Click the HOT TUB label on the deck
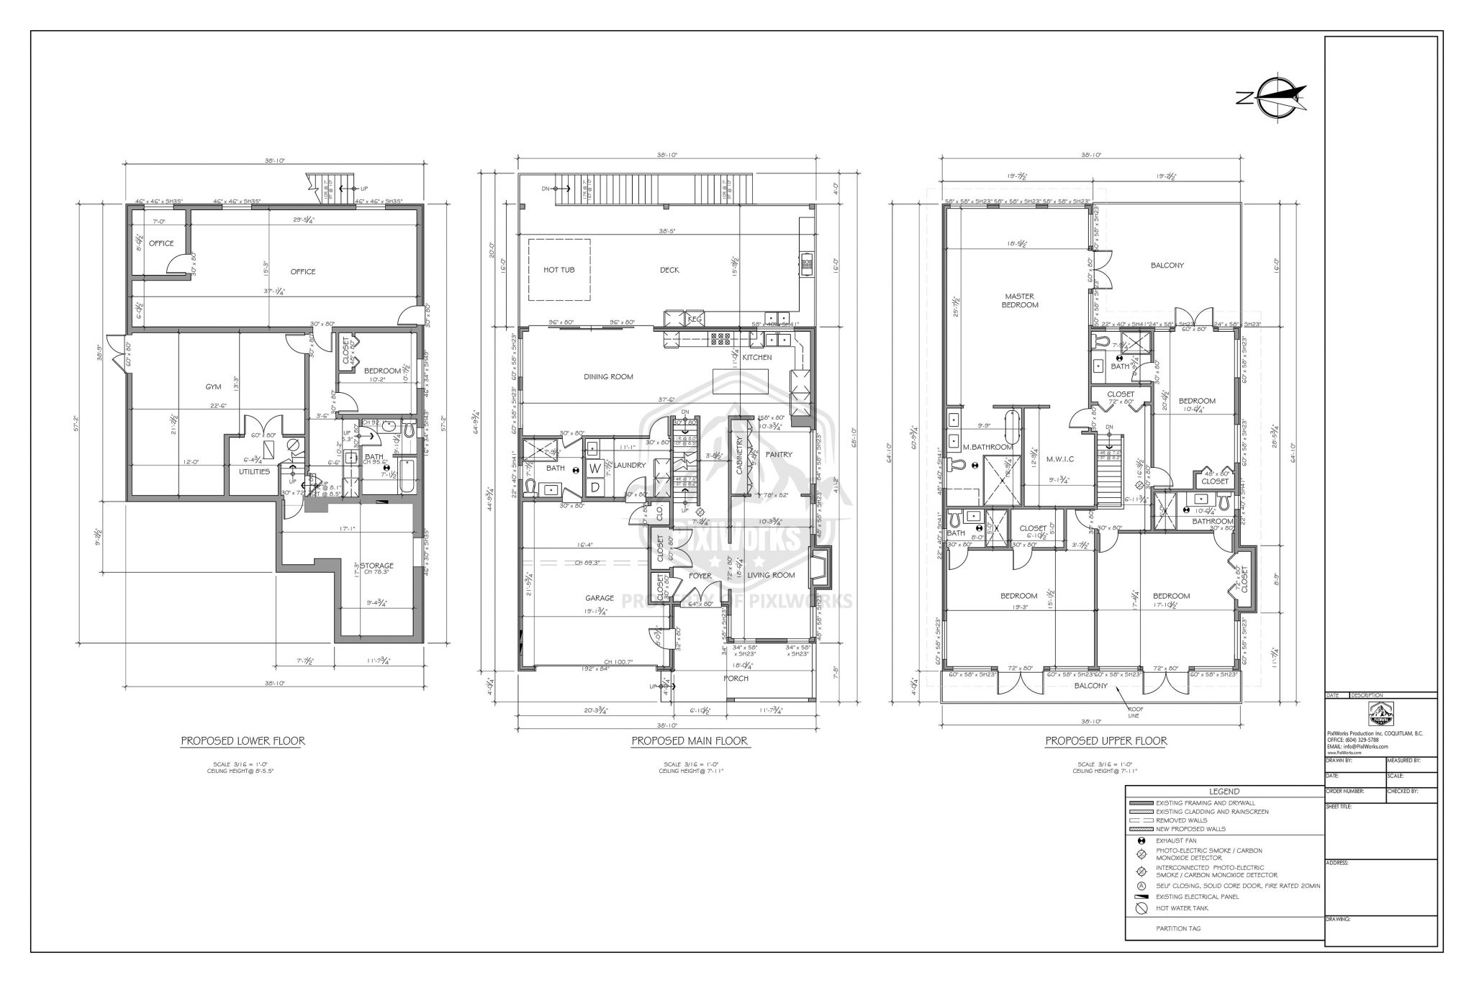[x=559, y=270]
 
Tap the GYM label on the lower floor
[x=213, y=386]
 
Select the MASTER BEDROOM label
[x=1020, y=301]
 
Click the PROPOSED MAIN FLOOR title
[x=689, y=740]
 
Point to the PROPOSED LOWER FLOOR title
[x=243, y=740]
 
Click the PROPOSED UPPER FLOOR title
[x=1105, y=740]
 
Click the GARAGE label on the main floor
[x=599, y=598]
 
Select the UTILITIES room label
[x=254, y=472]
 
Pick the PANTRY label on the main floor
[x=779, y=454]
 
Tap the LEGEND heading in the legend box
[x=1224, y=792]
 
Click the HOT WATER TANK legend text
[x=1183, y=908]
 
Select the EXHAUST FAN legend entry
[x=1175, y=841]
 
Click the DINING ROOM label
[x=607, y=376]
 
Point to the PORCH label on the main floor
[x=736, y=678]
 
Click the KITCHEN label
[x=756, y=357]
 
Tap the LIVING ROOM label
[x=770, y=575]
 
